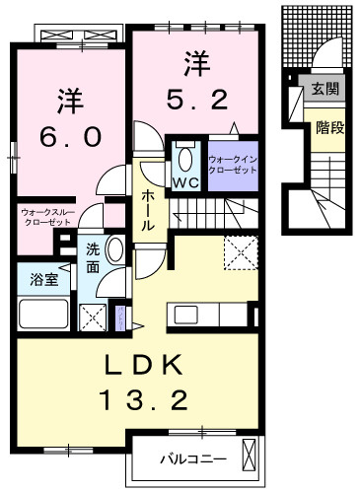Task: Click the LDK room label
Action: [x=145, y=367]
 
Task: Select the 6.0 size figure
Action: [x=67, y=137]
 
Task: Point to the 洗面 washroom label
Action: [x=91, y=258]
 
